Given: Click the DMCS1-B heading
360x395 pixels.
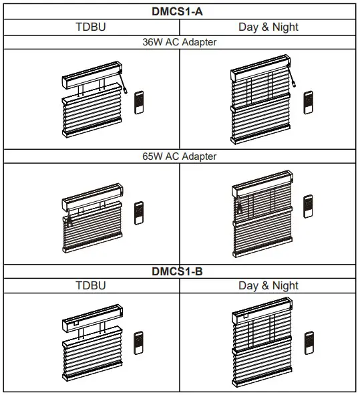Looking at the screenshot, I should pyautogui.click(x=180, y=271).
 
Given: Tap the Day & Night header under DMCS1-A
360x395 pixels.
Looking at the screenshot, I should pyautogui.click(x=268, y=27).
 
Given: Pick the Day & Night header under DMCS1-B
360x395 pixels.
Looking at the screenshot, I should pyautogui.click(x=268, y=286).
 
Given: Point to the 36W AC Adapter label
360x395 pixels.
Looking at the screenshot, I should pyautogui.click(x=180, y=41).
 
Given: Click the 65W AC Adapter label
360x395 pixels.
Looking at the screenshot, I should pyautogui.click(x=180, y=156).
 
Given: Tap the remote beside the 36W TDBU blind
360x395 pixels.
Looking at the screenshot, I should pyautogui.click(x=140, y=104).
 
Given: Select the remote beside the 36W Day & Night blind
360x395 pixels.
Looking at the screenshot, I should pyautogui.click(x=309, y=104).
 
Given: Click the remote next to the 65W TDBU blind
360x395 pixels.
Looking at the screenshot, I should pyautogui.click(x=139, y=213).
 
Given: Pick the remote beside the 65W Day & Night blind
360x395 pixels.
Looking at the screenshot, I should pyautogui.click(x=308, y=207).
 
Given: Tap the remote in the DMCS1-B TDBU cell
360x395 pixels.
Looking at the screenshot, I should pyautogui.click(x=139, y=342).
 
